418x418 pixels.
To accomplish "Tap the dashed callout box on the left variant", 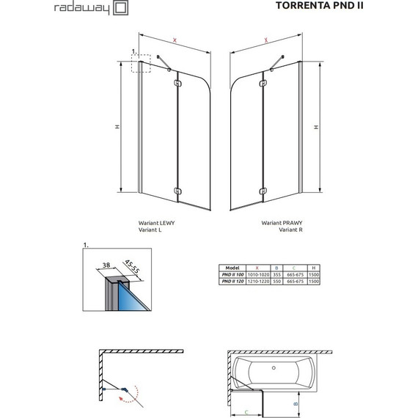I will (x=140, y=64).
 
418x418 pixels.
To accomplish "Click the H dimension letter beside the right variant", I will (x=317, y=127).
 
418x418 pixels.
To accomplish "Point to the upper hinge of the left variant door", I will (x=175, y=84).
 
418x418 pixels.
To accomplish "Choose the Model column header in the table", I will (x=232, y=268).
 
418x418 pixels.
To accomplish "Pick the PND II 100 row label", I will (x=234, y=275).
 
